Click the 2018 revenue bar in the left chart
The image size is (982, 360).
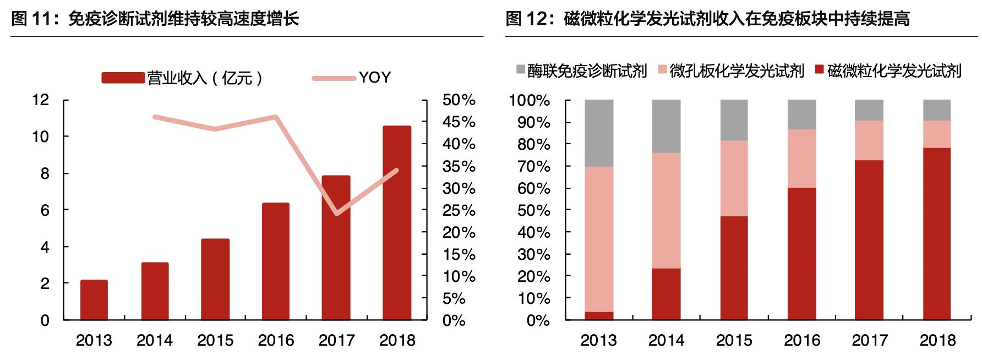397,223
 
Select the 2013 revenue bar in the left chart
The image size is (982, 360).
94,300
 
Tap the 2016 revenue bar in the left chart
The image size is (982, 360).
276,261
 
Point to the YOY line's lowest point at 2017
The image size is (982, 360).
336,214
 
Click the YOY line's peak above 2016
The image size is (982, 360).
276,117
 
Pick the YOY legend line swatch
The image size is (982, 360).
334,78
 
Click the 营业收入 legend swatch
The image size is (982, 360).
123,78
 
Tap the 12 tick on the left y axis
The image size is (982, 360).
41,100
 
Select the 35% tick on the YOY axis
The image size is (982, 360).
459,166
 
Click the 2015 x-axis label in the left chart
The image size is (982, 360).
215,340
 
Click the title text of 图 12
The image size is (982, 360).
707,19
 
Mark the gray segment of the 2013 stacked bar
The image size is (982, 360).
599,133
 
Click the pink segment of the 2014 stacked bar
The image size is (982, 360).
666,210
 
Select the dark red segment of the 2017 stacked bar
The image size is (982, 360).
869,240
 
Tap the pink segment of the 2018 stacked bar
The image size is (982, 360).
937,134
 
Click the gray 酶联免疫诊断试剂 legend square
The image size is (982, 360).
521,70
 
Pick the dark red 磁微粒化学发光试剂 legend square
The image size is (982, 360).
820,70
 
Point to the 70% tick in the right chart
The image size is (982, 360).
533,166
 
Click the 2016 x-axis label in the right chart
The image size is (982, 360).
802,340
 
